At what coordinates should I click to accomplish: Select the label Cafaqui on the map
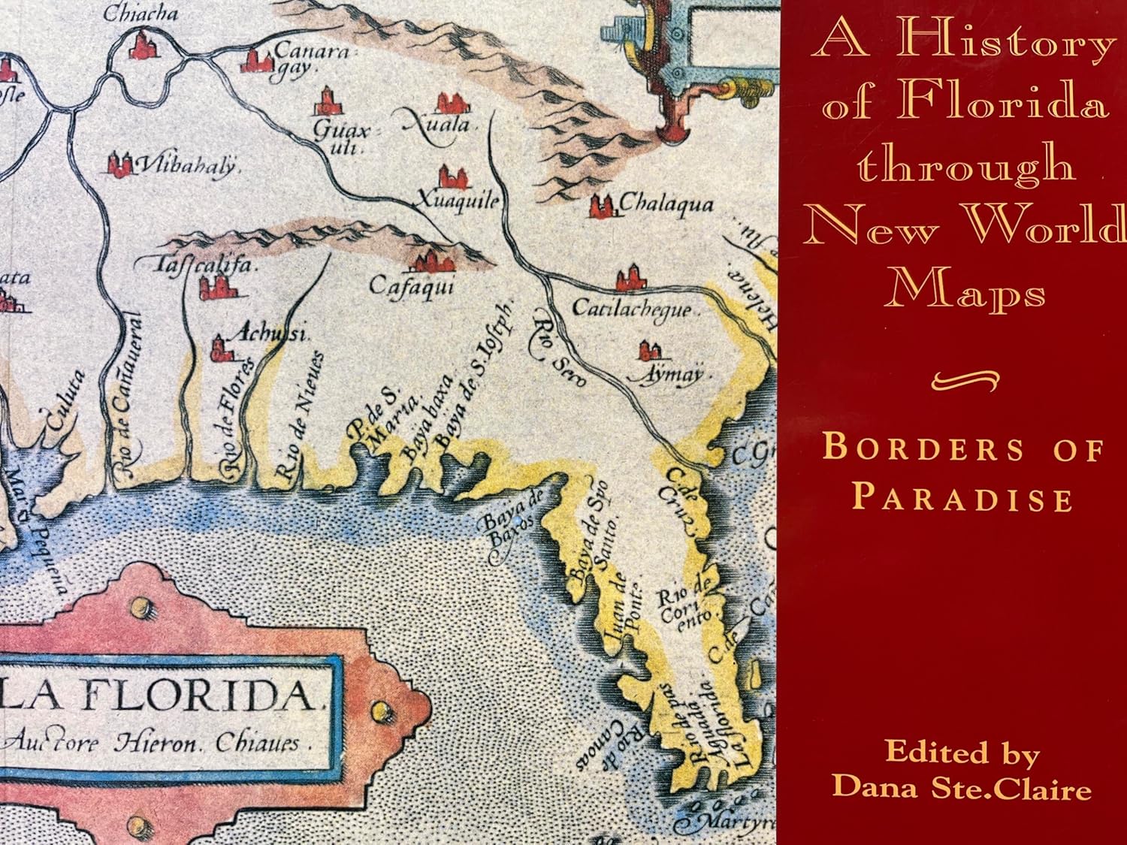click(x=411, y=287)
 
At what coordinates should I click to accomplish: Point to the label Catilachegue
click(x=631, y=308)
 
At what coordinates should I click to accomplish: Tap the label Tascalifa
click(x=197, y=264)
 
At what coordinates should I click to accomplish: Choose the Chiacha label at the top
click(x=140, y=13)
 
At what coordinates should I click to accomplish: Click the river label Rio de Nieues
click(x=298, y=415)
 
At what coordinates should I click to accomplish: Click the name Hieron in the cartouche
click(x=157, y=743)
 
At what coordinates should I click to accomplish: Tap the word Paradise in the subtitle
click(x=962, y=497)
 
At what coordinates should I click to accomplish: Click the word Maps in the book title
click(x=965, y=289)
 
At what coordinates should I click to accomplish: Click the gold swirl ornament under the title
click(x=965, y=381)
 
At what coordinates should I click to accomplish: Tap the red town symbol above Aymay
click(x=650, y=350)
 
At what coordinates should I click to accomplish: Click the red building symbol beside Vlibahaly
click(x=119, y=164)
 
